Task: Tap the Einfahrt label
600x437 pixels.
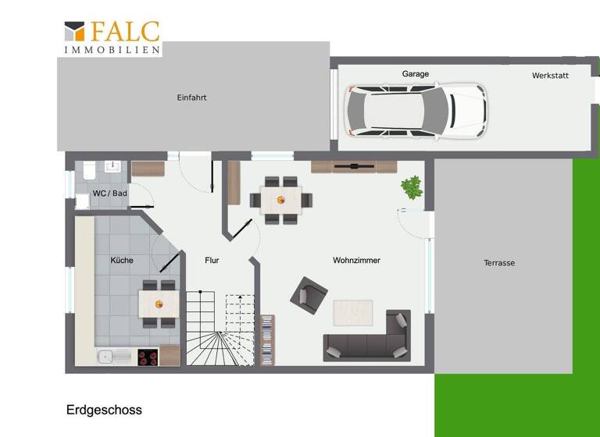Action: [x=191, y=98]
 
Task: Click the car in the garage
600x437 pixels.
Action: [x=416, y=111]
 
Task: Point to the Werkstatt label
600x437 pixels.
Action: [x=550, y=76]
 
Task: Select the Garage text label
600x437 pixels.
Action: [x=415, y=74]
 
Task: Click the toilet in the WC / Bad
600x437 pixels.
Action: [x=88, y=170]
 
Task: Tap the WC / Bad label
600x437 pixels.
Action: [x=109, y=193]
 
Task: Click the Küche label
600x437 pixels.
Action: [x=121, y=260]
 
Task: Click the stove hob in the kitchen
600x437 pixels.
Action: [x=148, y=357]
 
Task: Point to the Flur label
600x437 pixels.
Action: [x=212, y=261]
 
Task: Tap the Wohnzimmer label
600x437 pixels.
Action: [x=356, y=261]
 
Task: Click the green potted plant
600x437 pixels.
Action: [x=412, y=187]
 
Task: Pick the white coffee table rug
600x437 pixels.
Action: [x=354, y=312]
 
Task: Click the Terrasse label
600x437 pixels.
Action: [x=499, y=263]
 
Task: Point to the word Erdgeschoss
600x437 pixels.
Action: [x=104, y=410]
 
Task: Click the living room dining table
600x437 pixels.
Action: [x=280, y=199]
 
